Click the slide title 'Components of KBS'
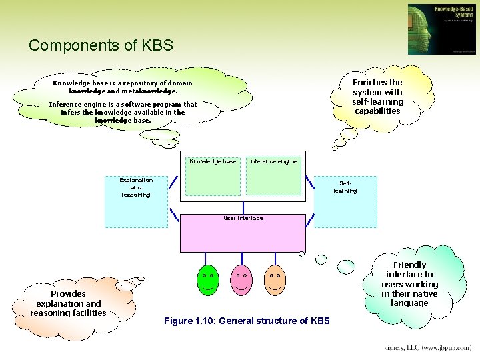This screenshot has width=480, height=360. click(101, 45)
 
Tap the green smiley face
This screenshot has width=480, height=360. click(208, 281)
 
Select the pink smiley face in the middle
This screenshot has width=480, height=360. click(241, 281)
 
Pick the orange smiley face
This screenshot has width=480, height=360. click(274, 281)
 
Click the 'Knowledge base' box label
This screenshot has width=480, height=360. click(213, 161)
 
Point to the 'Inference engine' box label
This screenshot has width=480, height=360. click(273, 161)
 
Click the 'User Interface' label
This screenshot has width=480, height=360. click(243, 218)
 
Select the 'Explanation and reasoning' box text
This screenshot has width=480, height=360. click(136, 187)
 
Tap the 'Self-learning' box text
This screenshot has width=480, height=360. click(345, 187)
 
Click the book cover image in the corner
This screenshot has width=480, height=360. click(443, 29)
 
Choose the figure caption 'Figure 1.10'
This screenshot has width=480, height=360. click(247, 321)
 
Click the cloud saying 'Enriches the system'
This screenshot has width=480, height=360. click(377, 97)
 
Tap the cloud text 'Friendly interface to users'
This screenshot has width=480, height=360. click(409, 284)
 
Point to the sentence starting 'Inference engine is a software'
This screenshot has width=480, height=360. click(123, 112)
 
